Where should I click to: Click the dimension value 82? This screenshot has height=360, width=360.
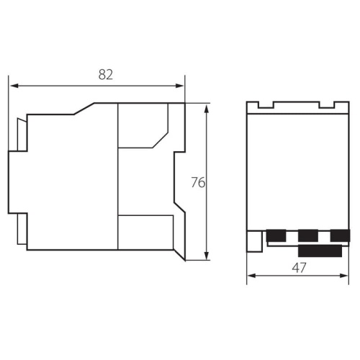(x=105, y=74)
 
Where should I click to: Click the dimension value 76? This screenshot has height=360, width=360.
(x=198, y=183)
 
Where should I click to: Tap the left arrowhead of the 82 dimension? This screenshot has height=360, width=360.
(x=12, y=86)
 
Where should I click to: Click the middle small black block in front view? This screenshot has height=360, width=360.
(x=307, y=235)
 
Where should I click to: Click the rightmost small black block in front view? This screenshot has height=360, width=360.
(x=338, y=235)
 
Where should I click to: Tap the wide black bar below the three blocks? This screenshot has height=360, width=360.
(x=320, y=250)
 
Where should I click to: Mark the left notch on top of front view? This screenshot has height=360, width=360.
(x=266, y=105)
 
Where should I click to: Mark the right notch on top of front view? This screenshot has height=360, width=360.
(x=328, y=105)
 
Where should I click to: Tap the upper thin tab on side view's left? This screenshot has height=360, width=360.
(x=22, y=134)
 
